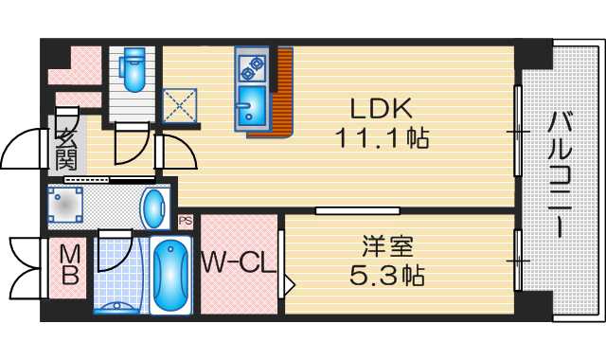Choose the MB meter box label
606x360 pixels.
[68, 265]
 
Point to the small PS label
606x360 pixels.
[185, 221]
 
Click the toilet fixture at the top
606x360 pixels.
[132, 68]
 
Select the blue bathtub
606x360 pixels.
[171, 275]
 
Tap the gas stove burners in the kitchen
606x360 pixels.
[253, 64]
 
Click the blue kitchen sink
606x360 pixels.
[252, 104]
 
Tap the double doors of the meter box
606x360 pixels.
[26, 267]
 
